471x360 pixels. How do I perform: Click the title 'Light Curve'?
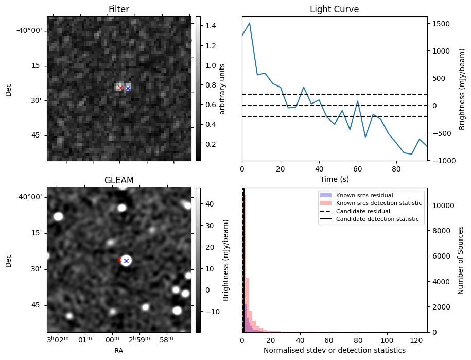point(334,9)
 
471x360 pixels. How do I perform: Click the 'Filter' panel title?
point(118,9)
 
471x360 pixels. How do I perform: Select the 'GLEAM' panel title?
point(118,180)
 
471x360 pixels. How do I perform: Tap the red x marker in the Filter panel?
point(120,88)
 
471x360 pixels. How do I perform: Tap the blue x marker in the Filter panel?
point(128,89)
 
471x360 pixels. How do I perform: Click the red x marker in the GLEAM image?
point(119,260)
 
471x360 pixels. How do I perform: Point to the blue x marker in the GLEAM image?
point(126,261)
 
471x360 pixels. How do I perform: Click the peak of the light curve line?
point(250,23)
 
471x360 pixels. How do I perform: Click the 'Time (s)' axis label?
point(334,178)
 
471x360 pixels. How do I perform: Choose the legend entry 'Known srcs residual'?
point(364,195)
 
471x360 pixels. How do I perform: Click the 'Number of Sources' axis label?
point(461,260)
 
